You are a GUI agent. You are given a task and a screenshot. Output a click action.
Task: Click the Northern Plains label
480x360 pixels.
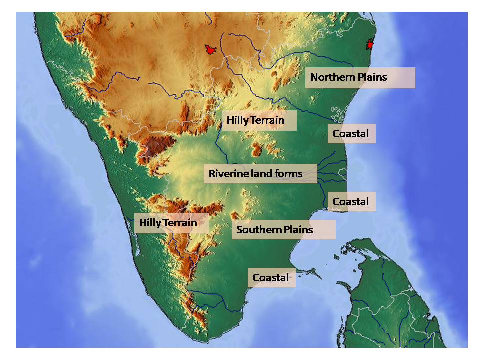[x=360, y=78]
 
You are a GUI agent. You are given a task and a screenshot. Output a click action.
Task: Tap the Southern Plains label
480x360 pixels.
[x=283, y=230]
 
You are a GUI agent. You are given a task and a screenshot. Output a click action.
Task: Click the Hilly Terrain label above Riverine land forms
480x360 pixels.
[x=259, y=120]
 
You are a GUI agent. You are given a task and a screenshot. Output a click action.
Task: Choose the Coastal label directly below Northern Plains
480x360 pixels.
[x=351, y=134]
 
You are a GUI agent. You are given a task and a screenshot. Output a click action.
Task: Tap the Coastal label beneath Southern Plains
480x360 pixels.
[x=271, y=278]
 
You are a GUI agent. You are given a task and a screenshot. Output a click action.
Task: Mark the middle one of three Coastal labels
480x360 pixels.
[x=351, y=202]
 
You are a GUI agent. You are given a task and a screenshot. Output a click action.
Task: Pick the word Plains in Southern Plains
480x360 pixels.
[x=298, y=230]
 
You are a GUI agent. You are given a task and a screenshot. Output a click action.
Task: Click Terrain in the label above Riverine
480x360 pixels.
[x=268, y=120]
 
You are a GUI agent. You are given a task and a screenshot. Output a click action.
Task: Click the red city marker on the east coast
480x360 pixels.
[x=370, y=44]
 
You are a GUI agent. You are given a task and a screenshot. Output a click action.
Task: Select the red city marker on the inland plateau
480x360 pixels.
[x=210, y=50]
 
